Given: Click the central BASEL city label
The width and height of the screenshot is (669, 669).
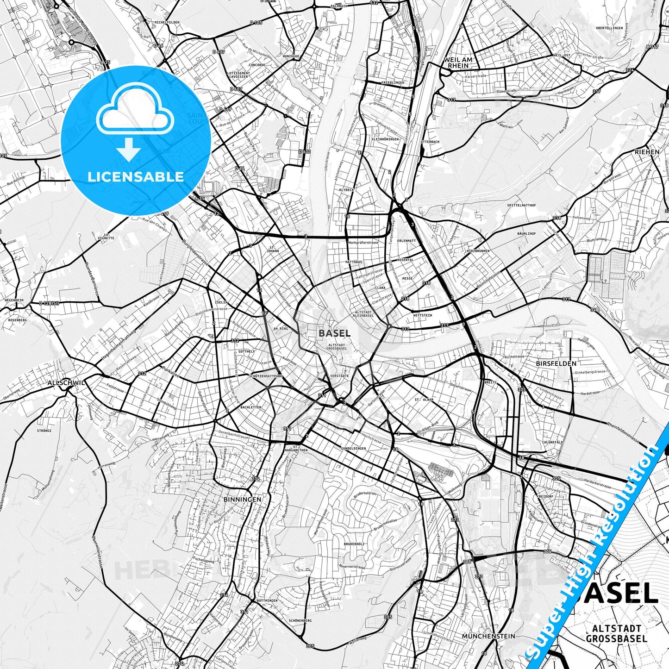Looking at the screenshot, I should tap(334, 333).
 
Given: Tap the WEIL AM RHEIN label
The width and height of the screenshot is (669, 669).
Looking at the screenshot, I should tap(458, 63).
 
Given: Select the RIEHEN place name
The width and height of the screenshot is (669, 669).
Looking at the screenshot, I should tap(647, 152).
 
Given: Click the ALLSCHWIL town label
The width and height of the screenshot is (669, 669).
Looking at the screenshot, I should tap(66, 383).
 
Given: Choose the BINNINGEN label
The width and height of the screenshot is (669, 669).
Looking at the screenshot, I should tap(242, 500).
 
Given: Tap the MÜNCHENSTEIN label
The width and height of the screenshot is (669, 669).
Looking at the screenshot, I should tap(488, 636).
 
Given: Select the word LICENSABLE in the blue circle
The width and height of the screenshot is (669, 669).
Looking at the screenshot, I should tap(136, 176).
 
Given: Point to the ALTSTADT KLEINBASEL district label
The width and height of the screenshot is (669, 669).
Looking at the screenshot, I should tap(363, 313).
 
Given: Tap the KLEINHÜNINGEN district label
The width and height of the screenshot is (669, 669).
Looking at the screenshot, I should tap(385, 139).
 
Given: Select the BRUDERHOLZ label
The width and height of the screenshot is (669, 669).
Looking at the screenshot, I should tap(354, 544).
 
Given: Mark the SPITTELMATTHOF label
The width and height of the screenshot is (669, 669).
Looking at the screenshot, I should tap(521, 205).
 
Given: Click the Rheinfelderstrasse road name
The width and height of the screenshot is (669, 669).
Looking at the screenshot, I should tap(623, 431).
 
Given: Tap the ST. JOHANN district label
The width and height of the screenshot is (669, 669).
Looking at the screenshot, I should tap(273, 250).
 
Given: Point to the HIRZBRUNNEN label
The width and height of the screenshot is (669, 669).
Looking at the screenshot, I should tap(478, 250).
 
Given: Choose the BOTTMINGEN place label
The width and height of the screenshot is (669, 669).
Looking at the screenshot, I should tap(266, 600).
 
